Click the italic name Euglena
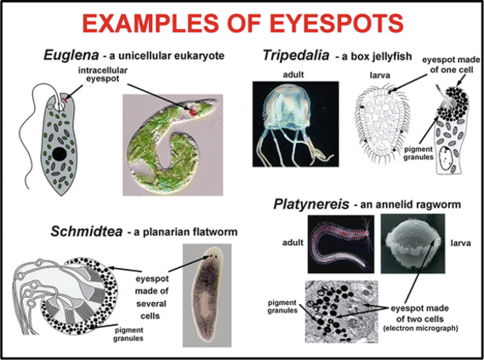click(71, 55)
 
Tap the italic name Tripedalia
click(296, 55)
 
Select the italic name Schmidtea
click(87, 231)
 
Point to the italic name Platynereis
click(311, 204)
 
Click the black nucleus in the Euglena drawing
click(59, 154)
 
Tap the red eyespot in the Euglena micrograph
click(193, 111)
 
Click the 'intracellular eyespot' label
click(102, 74)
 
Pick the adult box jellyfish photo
click(295, 124)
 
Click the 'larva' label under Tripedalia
click(379, 75)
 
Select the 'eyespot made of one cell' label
click(451, 65)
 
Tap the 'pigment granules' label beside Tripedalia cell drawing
click(419, 153)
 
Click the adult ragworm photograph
click(341, 244)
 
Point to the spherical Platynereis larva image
click(413, 243)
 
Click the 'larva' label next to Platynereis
click(460, 243)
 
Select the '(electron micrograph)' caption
click(420, 328)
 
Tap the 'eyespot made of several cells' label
click(151, 297)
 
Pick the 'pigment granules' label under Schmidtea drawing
click(128, 334)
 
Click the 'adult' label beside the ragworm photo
click(293, 243)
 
